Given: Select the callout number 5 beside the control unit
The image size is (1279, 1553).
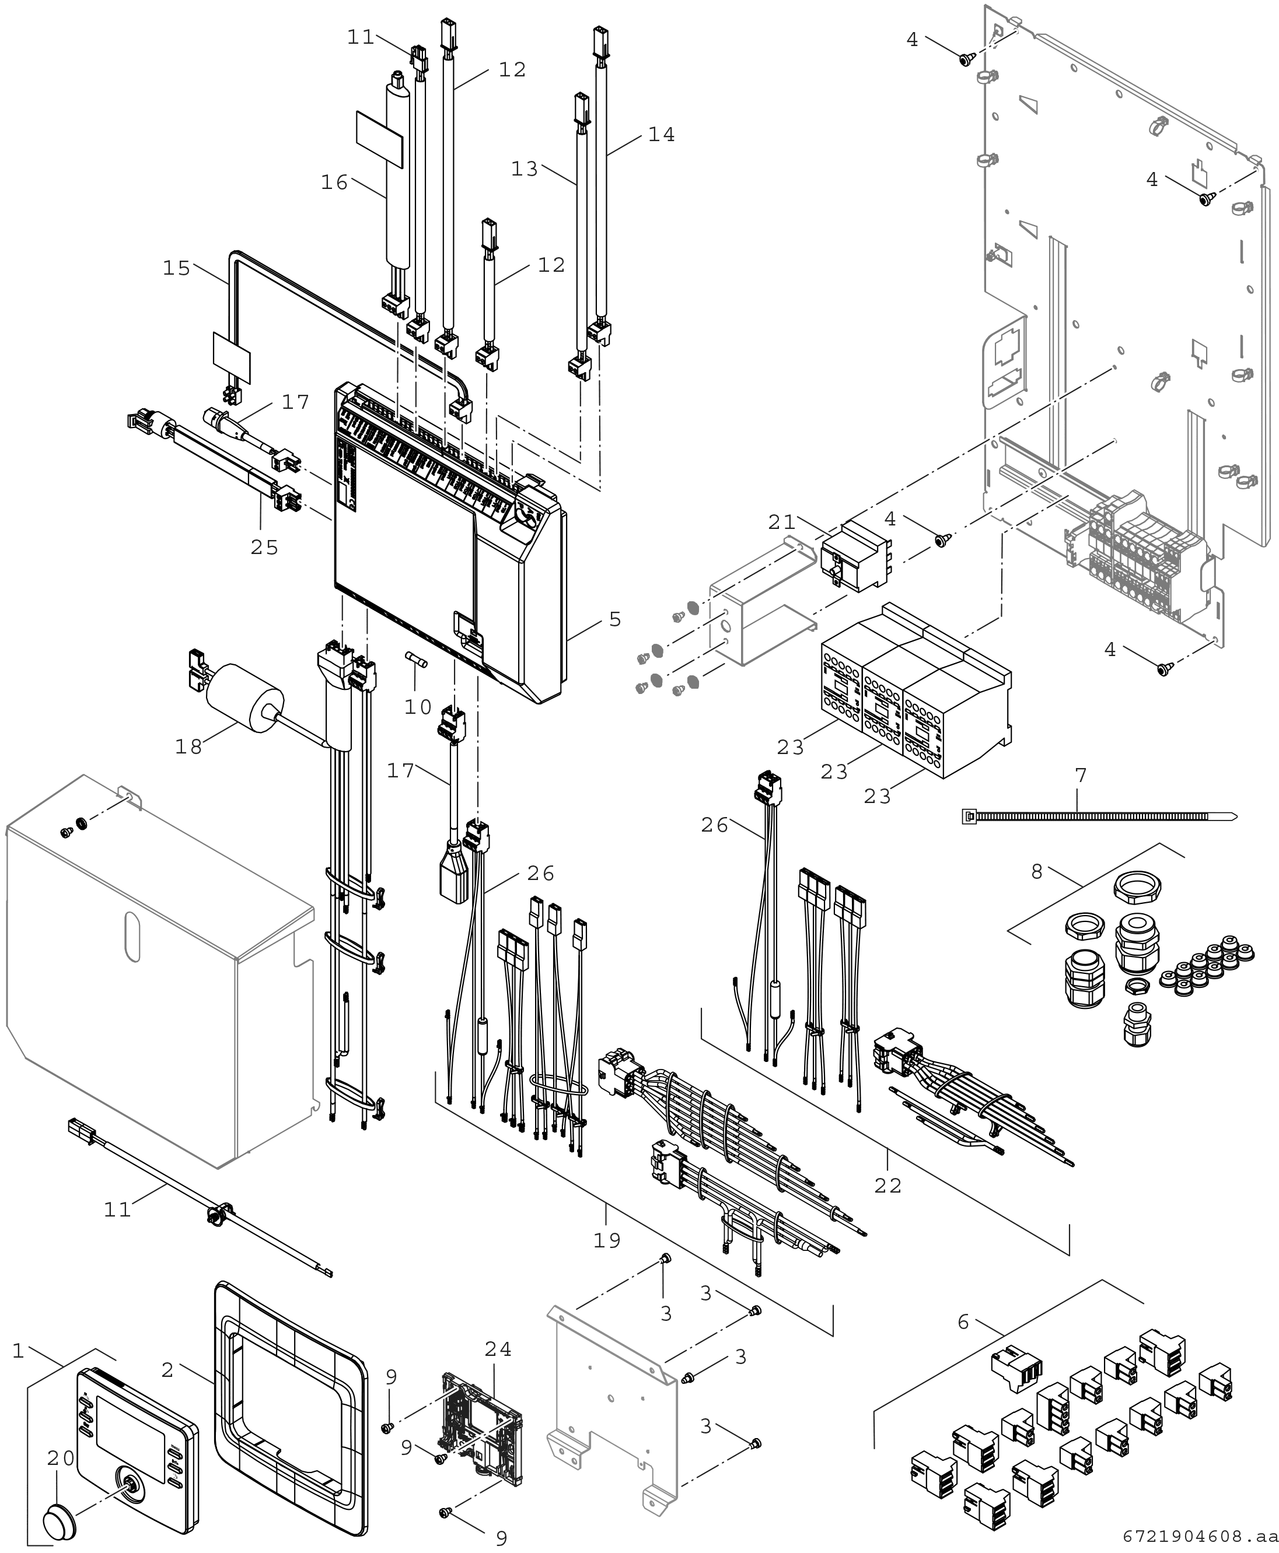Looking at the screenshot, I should (615, 619).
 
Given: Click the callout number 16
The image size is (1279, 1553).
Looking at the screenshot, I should (334, 182).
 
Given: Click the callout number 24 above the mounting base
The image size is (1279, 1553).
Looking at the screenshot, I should (498, 1349).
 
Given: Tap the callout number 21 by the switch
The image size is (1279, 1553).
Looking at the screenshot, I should (782, 522).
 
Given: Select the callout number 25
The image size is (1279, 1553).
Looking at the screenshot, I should (264, 547).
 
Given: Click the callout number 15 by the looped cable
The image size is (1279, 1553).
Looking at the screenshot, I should (177, 268).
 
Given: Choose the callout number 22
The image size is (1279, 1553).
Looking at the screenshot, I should (888, 1186).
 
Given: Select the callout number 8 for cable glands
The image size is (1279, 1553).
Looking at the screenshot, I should (1037, 872).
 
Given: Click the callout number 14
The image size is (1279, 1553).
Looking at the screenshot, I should (661, 135).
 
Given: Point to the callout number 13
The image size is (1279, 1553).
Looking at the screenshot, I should (525, 169).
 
